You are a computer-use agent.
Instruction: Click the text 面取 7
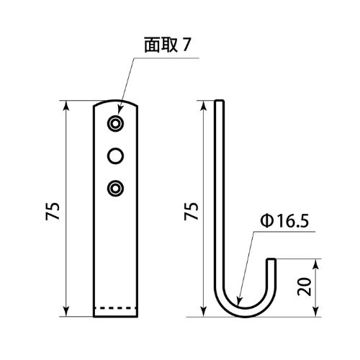167,45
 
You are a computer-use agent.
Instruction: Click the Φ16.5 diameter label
284,221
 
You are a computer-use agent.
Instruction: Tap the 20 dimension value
304,287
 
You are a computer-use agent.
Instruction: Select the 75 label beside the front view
53,211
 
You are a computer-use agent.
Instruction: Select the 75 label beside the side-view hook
192,211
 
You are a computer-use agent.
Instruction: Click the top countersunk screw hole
115,124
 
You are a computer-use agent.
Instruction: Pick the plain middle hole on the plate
115,156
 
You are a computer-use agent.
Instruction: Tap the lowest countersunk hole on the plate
115,188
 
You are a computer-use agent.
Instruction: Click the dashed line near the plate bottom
115,308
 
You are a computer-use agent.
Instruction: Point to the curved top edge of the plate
115,101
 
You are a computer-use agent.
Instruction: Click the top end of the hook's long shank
220,102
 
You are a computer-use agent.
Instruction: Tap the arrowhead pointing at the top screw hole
120,109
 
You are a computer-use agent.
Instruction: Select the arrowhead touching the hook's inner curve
239,301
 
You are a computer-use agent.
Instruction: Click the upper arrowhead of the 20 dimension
316,264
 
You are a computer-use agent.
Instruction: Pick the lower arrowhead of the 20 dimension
316,312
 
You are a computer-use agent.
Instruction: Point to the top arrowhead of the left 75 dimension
66,106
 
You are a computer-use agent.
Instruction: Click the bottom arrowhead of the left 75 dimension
66,312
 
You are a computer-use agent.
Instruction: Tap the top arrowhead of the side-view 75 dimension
204,106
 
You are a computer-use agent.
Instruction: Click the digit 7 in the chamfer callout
186,45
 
